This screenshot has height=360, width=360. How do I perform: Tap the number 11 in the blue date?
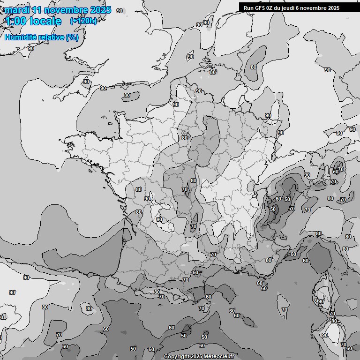click(x=37, y=10)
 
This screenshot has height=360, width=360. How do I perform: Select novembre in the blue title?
click(x=66, y=10)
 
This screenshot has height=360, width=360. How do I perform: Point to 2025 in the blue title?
click(x=100, y=10)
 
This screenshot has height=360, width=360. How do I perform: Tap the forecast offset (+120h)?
click(x=83, y=21)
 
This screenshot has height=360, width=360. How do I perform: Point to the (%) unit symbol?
click(x=72, y=37)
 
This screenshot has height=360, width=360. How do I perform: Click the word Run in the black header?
click(x=248, y=7)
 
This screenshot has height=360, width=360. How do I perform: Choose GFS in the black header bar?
click(x=260, y=7)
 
